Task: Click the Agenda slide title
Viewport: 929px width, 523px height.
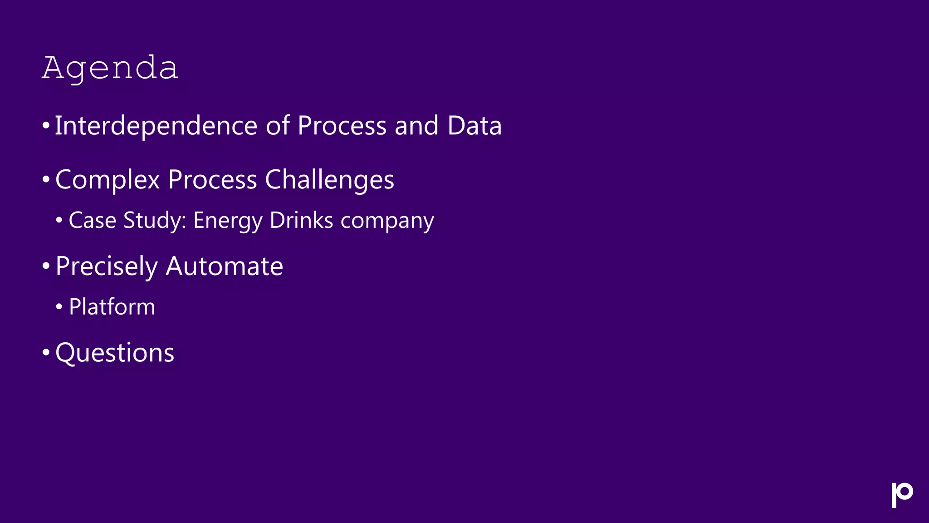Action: click(x=110, y=68)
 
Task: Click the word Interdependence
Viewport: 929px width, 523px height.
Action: click(x=156, y=126)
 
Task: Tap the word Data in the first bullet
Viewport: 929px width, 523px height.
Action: click(x=474, y=126)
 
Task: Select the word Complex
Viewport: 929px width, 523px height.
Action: click(x=108, y=180)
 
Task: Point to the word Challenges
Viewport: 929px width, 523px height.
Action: click(x=329, y=180)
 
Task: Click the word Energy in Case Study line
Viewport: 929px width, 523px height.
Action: click(x=228, y=221)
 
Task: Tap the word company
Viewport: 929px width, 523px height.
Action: click(x=387, y=221)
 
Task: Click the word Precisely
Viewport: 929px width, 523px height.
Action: click(x=106, y=266)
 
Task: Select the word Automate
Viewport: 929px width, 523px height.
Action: click(x=224, y=266)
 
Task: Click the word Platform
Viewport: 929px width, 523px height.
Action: click(x=112, y=307)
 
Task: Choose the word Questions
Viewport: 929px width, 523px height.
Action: click(x=115, y=353)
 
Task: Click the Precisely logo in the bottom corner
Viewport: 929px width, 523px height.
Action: click(x=902, y=494)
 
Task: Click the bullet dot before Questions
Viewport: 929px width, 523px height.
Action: click(x=45, y=352)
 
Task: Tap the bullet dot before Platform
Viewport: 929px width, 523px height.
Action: click(x=59, y=307)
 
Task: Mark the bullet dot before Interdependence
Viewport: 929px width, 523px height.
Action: click(x=45, y=125)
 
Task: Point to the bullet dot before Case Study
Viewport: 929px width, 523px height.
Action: click(x=59, y=221)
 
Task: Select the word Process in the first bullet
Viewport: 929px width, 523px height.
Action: click(x=342, y=126)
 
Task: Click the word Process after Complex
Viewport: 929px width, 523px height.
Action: click(x=212, y=180)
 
